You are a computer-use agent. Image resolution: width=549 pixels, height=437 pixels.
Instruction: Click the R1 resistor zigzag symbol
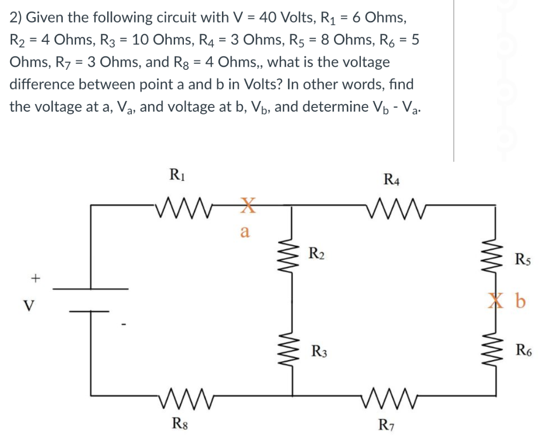tap(176, 205)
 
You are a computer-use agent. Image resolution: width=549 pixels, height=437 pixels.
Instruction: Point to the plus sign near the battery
tap(36, 278)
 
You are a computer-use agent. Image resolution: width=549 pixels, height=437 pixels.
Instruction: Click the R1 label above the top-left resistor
tap(175, 174)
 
